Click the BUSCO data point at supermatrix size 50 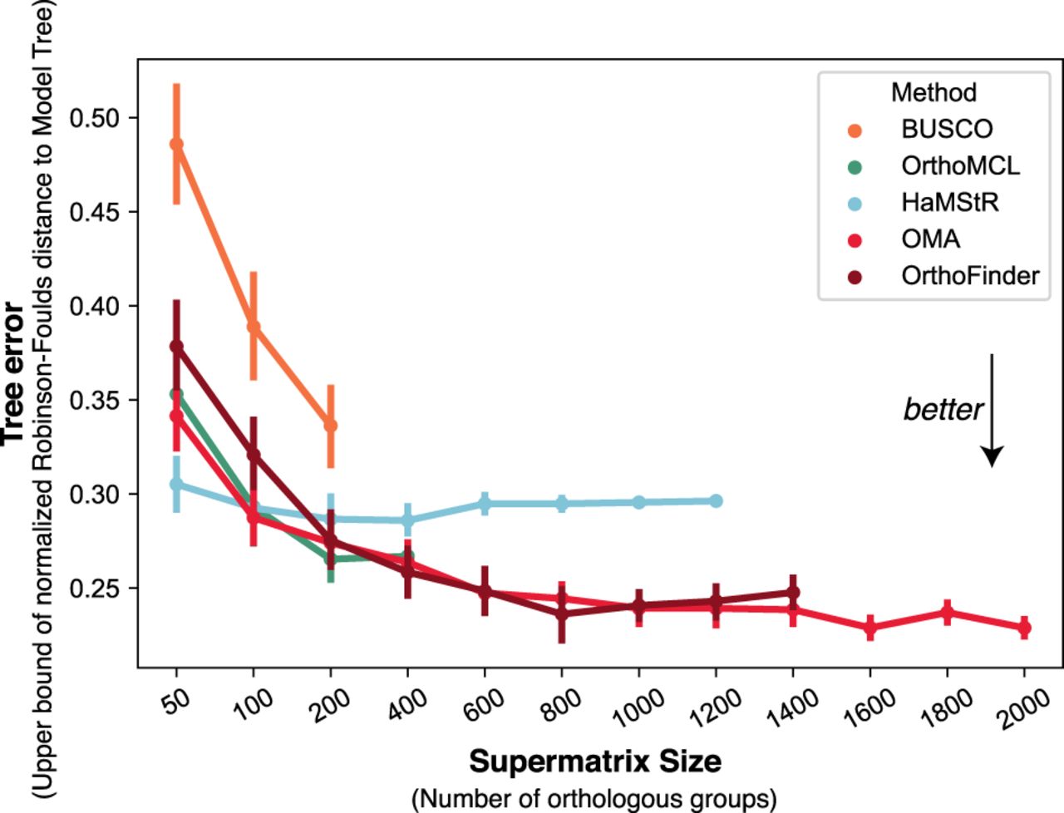[x=176, y=144]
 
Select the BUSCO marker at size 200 [x=331, y=426]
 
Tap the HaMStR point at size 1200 [x=716, y=500]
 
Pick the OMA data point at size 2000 [x=1024, y=628]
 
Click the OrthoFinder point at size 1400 [x=793, y=593]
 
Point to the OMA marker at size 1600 [x=869, y=628]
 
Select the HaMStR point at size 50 [x=176, y=484]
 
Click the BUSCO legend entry [x=946, y=129]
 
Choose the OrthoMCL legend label [x=960, y=165]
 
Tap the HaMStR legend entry [x=949, y=202]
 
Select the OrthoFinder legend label [x=970, y=275]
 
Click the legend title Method [x=933, y=92]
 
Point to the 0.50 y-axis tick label [x=93, y=118]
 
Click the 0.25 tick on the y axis [x=93, y=589]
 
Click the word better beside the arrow [x=943, y=409]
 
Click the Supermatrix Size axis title [x=595, y=761]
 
